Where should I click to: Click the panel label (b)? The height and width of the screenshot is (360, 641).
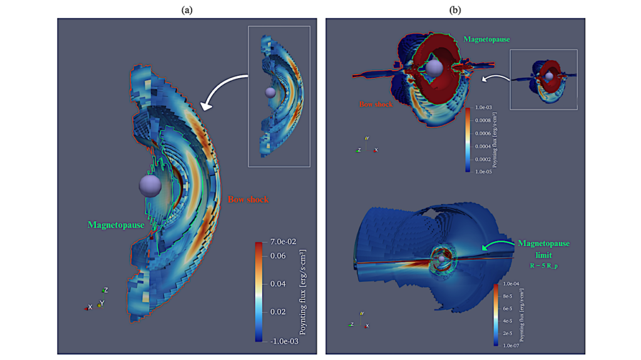coord(455,10)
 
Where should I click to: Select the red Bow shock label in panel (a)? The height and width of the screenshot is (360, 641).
coord(249,200)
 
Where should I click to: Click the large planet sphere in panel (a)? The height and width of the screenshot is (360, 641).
coord(150,185)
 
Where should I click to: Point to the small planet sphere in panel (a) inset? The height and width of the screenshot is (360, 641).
coord(270,92)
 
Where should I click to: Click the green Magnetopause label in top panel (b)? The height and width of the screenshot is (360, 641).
coord(486,39)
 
